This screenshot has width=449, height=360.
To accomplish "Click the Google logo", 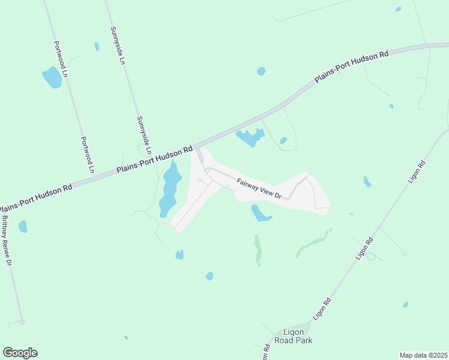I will click(x=20, y=353).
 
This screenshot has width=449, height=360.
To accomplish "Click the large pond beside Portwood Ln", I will click(x=52, y=77).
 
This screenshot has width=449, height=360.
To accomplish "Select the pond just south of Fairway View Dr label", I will click(x=261, y=213).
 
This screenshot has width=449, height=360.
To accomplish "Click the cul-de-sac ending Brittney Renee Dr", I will click(x=22, y=322).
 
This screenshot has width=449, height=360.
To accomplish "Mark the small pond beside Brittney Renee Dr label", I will click(x=23, y=226).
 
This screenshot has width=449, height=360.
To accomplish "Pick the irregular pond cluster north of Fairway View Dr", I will click(x=250, y=138).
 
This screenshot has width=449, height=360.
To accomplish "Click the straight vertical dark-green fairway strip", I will click(x=258, y=250).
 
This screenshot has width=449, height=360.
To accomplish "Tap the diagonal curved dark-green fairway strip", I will click(x=313, y=244).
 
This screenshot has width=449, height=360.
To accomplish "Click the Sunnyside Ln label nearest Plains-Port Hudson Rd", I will click(x=145, y=135).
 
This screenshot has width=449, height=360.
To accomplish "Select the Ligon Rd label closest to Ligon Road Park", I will click(x=322, y=309).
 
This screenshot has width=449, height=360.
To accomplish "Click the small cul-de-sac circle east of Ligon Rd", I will click(x=405, y=254).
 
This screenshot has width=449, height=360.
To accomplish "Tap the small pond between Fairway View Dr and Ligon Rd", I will click(x=367, y=181).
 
